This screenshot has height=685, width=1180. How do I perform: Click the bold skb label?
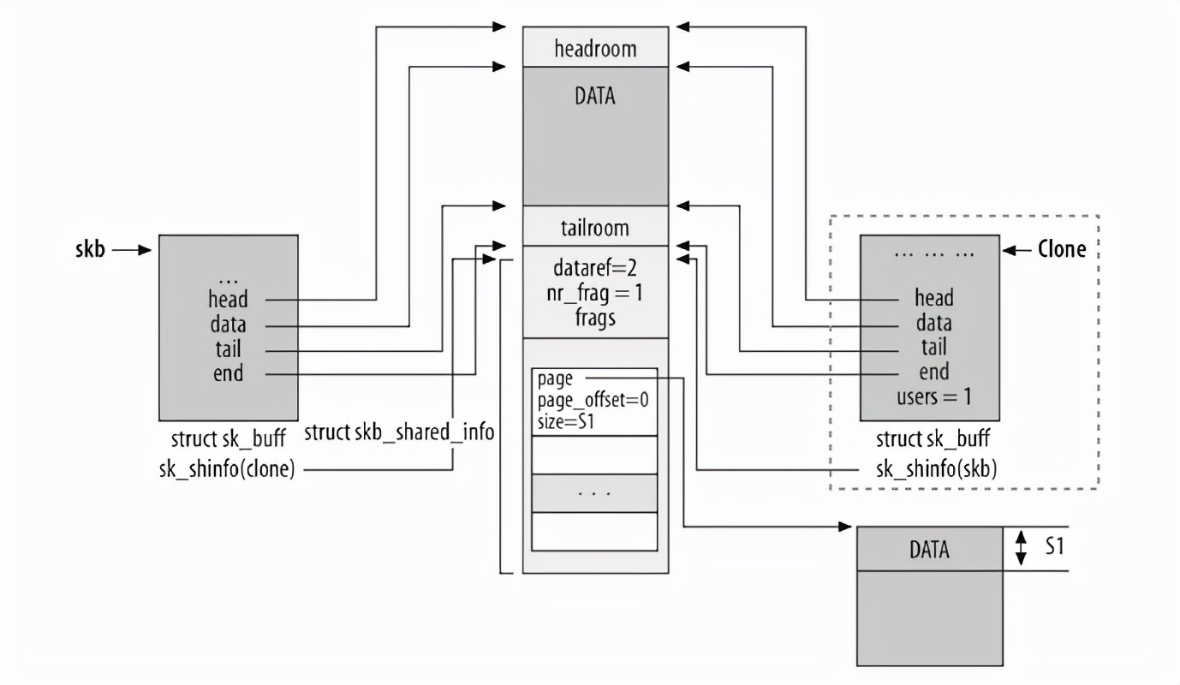[88, 252]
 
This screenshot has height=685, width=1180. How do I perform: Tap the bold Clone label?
[1061, 249]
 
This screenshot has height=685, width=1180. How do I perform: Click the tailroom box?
[595, 229]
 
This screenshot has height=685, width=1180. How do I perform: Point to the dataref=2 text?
[595, 268]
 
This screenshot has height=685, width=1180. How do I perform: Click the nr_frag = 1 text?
[595, 292]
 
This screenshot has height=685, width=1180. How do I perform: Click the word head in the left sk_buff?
[228, 300]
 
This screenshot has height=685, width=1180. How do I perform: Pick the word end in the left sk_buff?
[228, 373]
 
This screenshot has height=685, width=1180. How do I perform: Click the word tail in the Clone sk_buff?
[933, 347]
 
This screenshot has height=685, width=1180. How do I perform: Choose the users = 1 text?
[934, 396]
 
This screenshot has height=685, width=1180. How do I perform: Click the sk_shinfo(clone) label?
[227, 469]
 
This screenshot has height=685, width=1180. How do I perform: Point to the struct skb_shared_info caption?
[399, 432]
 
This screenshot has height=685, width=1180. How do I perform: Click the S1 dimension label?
[1054, 546]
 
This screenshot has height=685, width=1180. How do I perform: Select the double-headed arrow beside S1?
[1020, 548]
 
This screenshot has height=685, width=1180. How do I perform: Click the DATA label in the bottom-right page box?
[929, 550]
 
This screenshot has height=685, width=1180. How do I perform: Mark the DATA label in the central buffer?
[595, 97]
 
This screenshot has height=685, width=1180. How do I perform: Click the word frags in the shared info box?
[595, 316]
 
